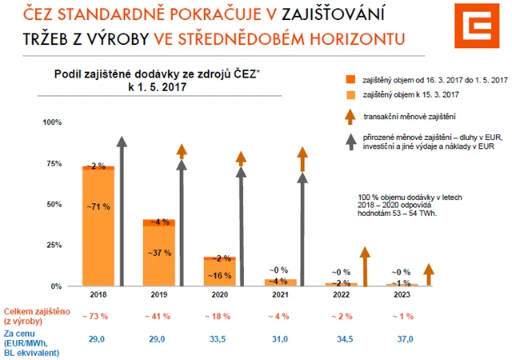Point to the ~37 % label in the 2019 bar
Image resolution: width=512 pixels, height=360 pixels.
(158, 254)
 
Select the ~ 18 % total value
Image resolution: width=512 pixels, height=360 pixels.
(219, 316)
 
